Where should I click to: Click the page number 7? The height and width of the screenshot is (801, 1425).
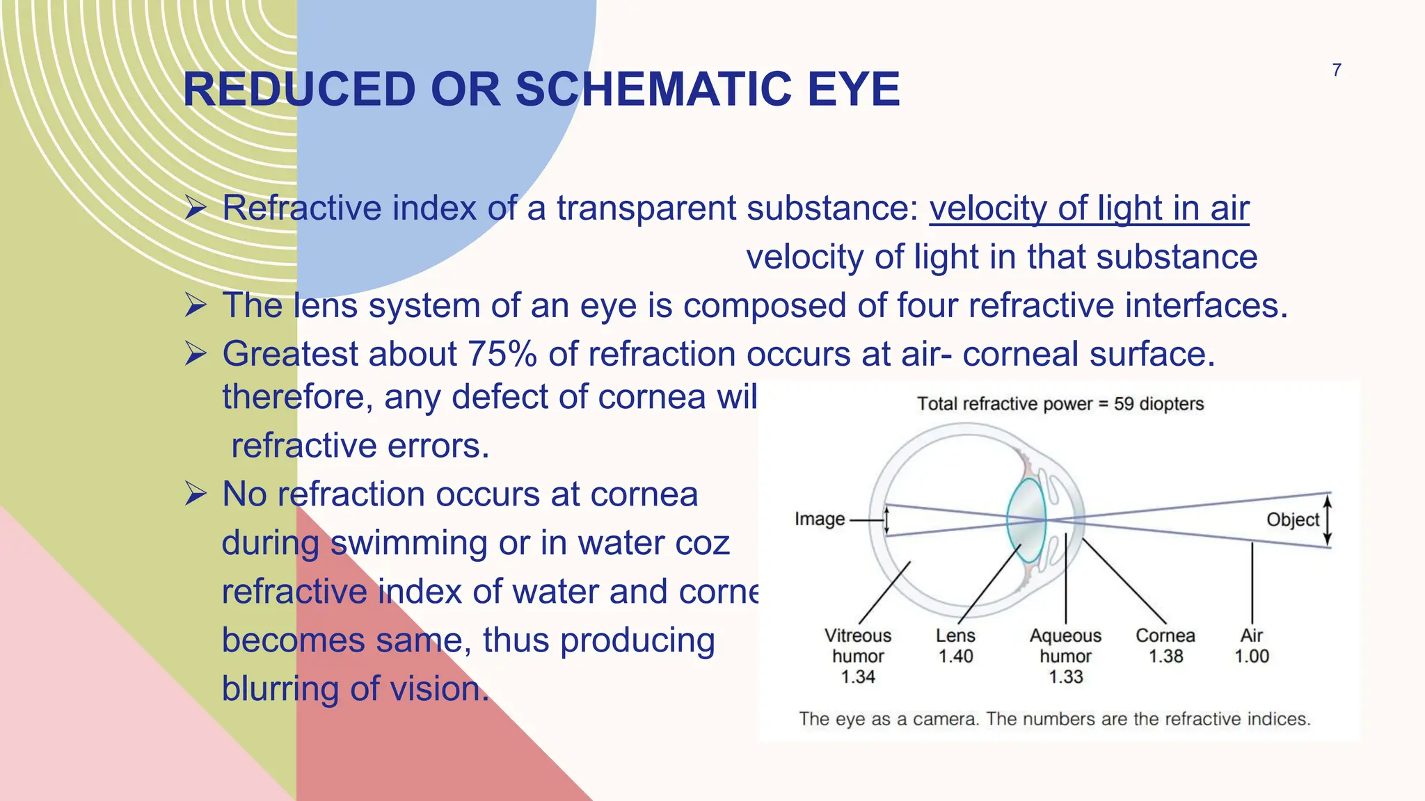1336,70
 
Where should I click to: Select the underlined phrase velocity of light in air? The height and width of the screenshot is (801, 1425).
1089,208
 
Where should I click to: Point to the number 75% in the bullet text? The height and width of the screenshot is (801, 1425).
502,354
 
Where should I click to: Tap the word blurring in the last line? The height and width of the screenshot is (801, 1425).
280,689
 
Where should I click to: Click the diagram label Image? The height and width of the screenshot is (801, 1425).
819,519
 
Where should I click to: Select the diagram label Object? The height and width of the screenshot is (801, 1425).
1292,519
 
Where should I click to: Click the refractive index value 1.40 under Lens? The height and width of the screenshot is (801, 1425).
955,656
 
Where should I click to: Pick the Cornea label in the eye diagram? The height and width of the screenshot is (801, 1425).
1165,636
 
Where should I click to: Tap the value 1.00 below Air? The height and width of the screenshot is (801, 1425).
1251,656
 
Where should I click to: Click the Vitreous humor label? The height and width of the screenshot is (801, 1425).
857,646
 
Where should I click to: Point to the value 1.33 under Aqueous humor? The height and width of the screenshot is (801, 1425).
1065,677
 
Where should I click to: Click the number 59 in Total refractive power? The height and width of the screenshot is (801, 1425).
1123,404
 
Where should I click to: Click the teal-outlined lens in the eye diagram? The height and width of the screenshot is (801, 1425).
1026,520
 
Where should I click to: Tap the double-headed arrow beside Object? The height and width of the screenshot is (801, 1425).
1327,520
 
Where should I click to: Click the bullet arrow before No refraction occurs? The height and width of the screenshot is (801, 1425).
196,494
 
